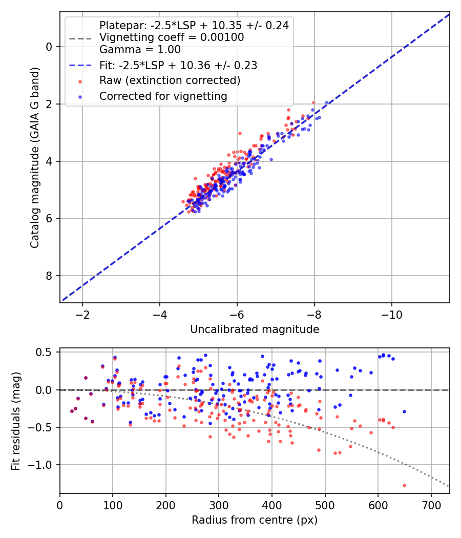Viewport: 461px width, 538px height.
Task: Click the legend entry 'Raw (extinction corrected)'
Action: click(170, 80)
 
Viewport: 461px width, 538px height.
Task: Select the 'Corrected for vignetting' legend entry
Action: click(163, 96)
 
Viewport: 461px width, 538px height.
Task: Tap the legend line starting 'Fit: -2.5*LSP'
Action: click(178, 65)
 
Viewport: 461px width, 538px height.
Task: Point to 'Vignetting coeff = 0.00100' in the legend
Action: click(172, 37)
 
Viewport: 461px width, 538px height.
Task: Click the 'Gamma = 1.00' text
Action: click(140, 50)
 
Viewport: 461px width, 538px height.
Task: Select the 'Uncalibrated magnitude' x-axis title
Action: click(255, 329)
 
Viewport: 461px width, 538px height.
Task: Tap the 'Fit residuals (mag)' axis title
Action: click(16, 421)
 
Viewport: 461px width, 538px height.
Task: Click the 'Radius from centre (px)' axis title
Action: click(255, 520)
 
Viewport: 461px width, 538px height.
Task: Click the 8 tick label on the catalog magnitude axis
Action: click(50, 276)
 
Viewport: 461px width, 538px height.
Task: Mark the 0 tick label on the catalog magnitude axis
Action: click(50, 47)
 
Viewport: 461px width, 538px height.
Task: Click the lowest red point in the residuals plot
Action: click(404, 485)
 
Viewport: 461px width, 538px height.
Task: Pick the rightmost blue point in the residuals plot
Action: click(404, 411)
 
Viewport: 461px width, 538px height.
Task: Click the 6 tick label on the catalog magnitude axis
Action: click(50, 219)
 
